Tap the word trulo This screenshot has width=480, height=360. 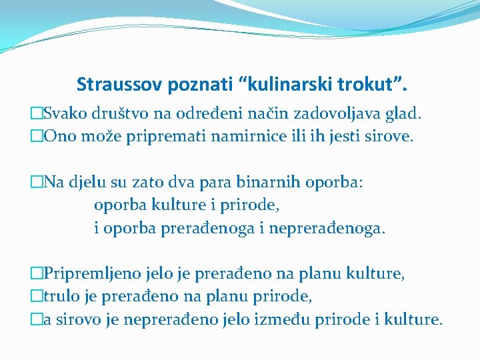click(x=59, y=295)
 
